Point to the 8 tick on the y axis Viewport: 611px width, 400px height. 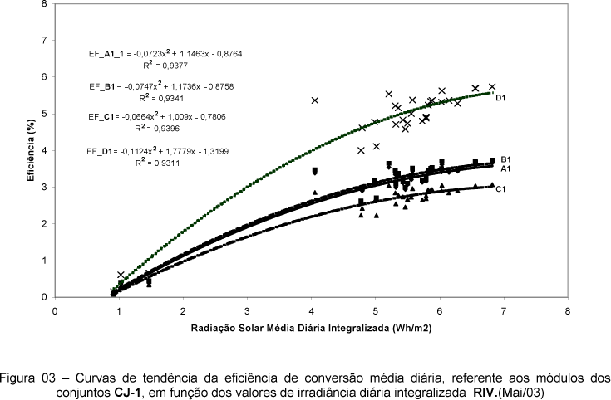pos(45,4)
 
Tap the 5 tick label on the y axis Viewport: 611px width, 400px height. pos(45,114)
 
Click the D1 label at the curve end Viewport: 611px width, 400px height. pos(500,98)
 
